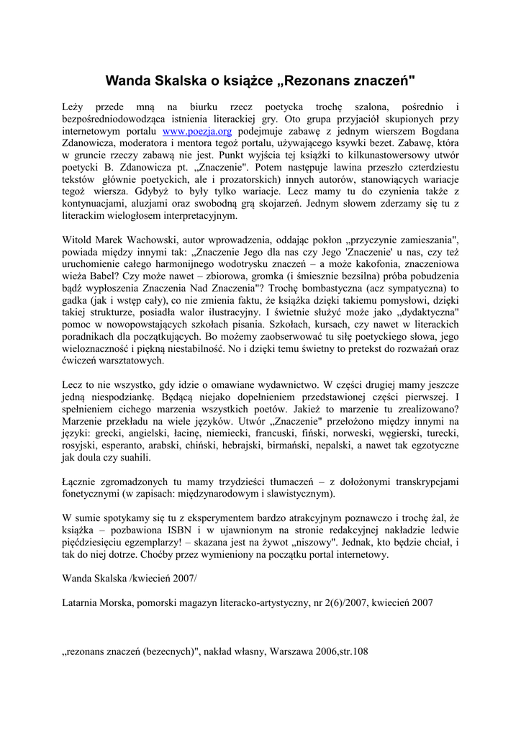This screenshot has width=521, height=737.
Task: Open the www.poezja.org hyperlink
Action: point(197,132)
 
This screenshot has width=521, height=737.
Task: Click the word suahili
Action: point(132,457)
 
